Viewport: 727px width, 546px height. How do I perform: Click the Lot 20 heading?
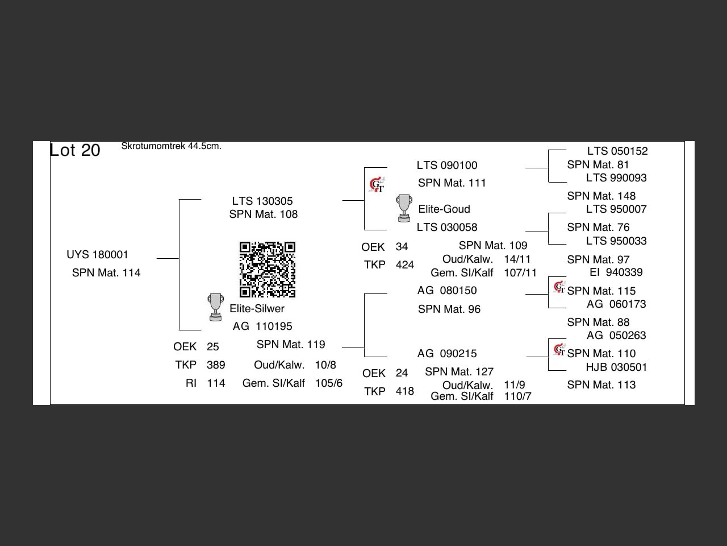tap(75, 150)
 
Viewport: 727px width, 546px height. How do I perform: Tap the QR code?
tap(267, 270)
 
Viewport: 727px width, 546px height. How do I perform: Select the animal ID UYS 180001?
tap(97, 254)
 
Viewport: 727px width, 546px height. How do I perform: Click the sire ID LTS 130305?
tap(262, 201)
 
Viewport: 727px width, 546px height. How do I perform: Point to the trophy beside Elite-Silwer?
tap(215, 307)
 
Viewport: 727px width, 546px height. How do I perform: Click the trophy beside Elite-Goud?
tap(404, 208)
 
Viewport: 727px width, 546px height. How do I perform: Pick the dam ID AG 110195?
tap(262, 326)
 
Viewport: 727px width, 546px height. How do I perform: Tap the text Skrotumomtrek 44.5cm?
tap(171, 146)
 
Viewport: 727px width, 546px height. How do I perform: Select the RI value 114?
tap(216, 383)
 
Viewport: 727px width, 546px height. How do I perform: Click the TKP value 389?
tap(216, 365)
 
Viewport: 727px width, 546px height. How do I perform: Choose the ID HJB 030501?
tap(616, 367)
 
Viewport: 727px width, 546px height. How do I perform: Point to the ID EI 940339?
tap(616, 272)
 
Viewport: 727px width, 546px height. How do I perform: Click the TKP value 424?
tap(405, 265)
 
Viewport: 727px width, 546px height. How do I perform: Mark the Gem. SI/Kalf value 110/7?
tap(517, 396)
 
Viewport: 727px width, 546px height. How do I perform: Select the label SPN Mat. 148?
tap(601, 196)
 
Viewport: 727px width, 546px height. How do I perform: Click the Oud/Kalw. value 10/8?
tap(325, 365)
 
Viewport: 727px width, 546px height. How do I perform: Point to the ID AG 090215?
tap(447, 353)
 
